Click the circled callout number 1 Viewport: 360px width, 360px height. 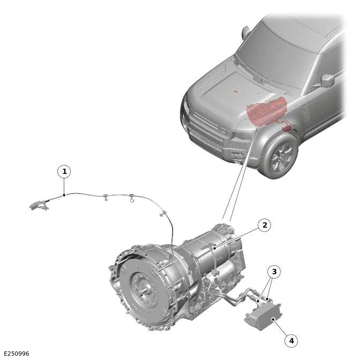pyautogui.click(x=64, y=171)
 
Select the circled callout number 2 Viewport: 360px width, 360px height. pyautogui.click(x=264, y=225)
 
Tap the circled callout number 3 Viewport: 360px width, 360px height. pyautogui.click(x=274, y=272)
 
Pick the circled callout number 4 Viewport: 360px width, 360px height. pyautogui.click(x=291, y=340)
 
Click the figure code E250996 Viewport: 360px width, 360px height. pyautogui.click(x=16, y=354)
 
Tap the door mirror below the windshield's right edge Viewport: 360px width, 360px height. pyautogui.click(x=327, y=81)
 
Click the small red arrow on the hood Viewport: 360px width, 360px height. pyautogui.click(x=236, y=92)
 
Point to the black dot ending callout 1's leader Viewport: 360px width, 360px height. pyautogui.click(x=64, y=195)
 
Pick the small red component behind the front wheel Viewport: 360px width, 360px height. pyautogui.click(x=286, y=129)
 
